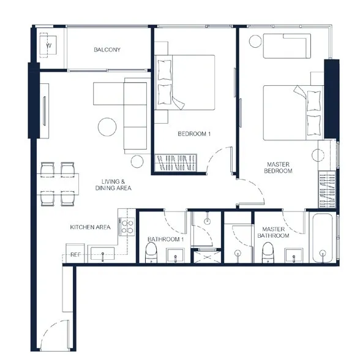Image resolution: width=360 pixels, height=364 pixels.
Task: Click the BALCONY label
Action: point(107,50)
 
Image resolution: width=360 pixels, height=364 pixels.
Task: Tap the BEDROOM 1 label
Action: point(194,134)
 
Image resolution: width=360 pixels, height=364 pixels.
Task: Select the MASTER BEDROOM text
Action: point(278,168)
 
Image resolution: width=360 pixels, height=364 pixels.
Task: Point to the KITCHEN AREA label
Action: point(90,227)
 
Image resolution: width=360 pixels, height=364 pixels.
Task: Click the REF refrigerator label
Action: point(76,255)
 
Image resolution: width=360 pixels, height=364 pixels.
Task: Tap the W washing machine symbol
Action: point(48,45)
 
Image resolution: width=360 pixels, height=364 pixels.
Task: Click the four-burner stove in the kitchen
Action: point(127,227)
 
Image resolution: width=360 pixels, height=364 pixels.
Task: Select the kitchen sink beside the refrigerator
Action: point(102,254)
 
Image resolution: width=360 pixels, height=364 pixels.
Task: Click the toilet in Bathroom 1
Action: point(151,252)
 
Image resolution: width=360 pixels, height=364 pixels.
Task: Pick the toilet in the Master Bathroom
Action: point(268,252)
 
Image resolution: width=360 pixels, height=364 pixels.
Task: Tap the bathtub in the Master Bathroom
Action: point(323,238)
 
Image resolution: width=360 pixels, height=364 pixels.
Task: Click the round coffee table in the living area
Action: point(107,127)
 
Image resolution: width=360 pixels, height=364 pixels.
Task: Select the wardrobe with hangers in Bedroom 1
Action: point(176,162)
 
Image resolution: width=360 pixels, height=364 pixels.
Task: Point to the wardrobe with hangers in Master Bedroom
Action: point(327,189)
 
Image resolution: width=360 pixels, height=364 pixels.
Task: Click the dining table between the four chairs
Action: point(58,184)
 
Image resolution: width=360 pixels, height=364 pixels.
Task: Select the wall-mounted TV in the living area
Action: point(44,111)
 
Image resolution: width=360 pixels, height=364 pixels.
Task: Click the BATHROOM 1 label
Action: point(166,239)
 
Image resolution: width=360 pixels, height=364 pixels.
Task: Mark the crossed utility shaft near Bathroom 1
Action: point(207,257)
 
